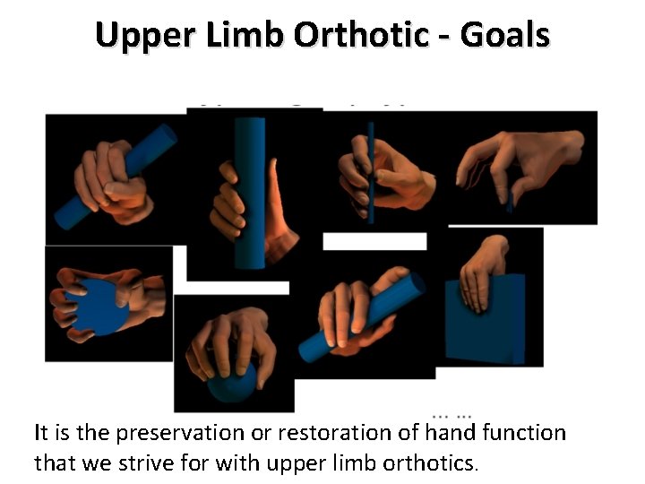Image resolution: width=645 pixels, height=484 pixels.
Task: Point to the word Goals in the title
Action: [503, 35]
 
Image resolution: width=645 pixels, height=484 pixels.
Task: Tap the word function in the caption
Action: [524, 434]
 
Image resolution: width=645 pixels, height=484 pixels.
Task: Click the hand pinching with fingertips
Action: [520, 166]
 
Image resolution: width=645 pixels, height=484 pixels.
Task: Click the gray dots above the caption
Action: [452, 416]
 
